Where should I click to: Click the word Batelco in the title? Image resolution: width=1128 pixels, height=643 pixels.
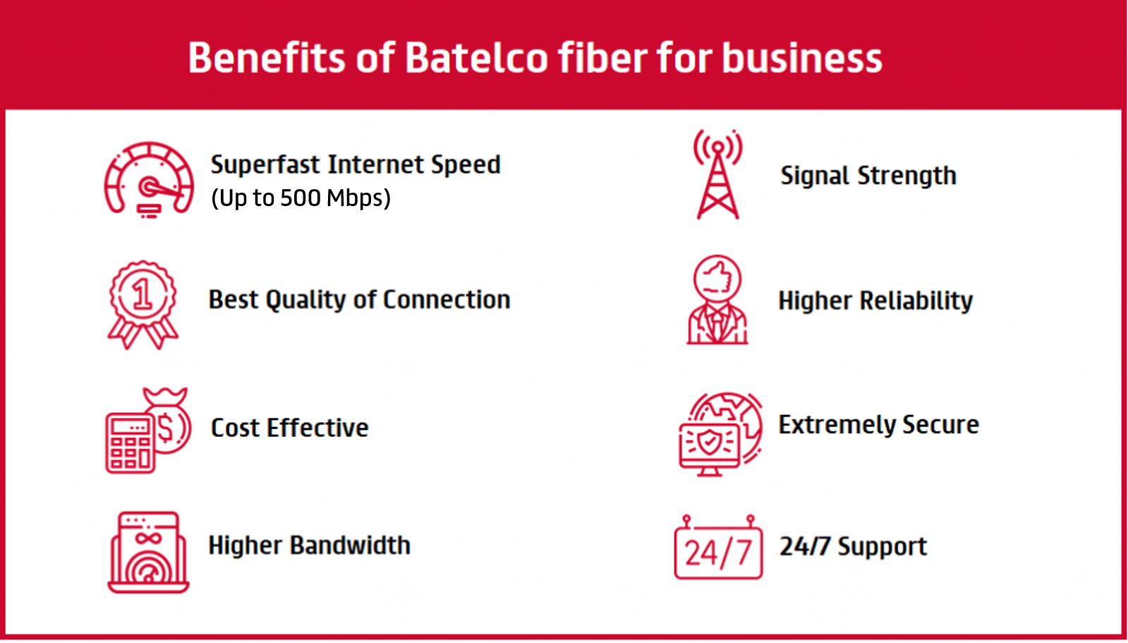[x=476, y=57]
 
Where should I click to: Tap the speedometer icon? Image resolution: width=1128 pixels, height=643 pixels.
[x=149, y=180]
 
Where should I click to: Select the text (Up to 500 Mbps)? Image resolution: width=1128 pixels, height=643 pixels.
[x=301, y=198]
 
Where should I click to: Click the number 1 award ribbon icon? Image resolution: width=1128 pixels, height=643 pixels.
[x=143, y=305]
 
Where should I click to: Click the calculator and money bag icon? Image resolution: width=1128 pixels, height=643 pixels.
[x=148, y=430]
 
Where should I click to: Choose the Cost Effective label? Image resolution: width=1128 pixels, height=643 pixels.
[x=289, y=428]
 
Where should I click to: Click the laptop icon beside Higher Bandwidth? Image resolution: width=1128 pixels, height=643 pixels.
[x=148, y=552]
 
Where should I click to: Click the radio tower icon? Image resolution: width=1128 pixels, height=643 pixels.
[x=717, y=174]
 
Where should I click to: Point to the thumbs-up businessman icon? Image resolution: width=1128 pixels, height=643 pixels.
[x=717, y=300]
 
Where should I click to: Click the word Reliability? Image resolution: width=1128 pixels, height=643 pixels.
[x=916, y=301]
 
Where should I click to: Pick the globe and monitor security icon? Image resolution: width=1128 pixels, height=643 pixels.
[x=720, y=434]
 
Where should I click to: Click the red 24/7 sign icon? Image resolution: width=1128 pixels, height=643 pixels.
[x=718, y=547]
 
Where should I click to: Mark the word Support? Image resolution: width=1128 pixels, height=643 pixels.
[x=882, y=547]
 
